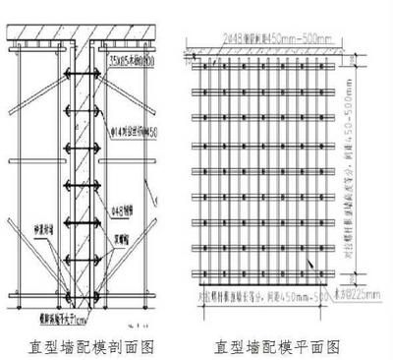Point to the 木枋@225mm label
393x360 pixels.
(x=348, y=292)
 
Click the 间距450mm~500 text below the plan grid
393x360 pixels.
(x=285, y=292)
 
